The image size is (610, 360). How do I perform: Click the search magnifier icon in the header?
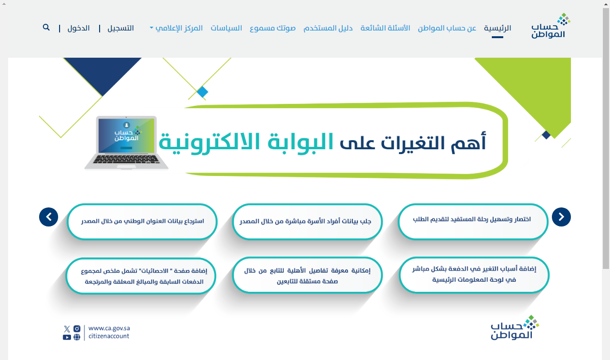(46, 27)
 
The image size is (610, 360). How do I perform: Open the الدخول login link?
(79, 28)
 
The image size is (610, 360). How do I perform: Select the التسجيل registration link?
(121, 28)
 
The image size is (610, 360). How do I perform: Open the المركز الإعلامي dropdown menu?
(176, 28)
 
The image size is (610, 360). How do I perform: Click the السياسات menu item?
(226, 28)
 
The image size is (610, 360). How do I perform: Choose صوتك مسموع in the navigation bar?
(273, 28)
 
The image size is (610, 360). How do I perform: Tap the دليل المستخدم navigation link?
(328, 28)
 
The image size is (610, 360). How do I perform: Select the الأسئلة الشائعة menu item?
(385, 28)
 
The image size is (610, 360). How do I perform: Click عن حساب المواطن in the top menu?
(447, 28)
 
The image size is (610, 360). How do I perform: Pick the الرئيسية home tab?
(498, 28)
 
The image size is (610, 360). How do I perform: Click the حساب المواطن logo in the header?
(550, 26)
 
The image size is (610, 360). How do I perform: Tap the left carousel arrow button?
(49, 217)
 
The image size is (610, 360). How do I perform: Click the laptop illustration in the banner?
(126, 143)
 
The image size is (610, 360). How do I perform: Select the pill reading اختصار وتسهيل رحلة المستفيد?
(473, 222)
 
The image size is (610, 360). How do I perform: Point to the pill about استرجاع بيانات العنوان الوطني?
(142, 222)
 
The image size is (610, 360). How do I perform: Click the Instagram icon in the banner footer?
(77, 329)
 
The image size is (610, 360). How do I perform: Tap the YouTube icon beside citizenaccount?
(67, 338)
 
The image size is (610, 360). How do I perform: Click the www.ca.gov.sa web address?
(109, 329)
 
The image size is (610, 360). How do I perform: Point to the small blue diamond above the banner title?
(203, 92)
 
